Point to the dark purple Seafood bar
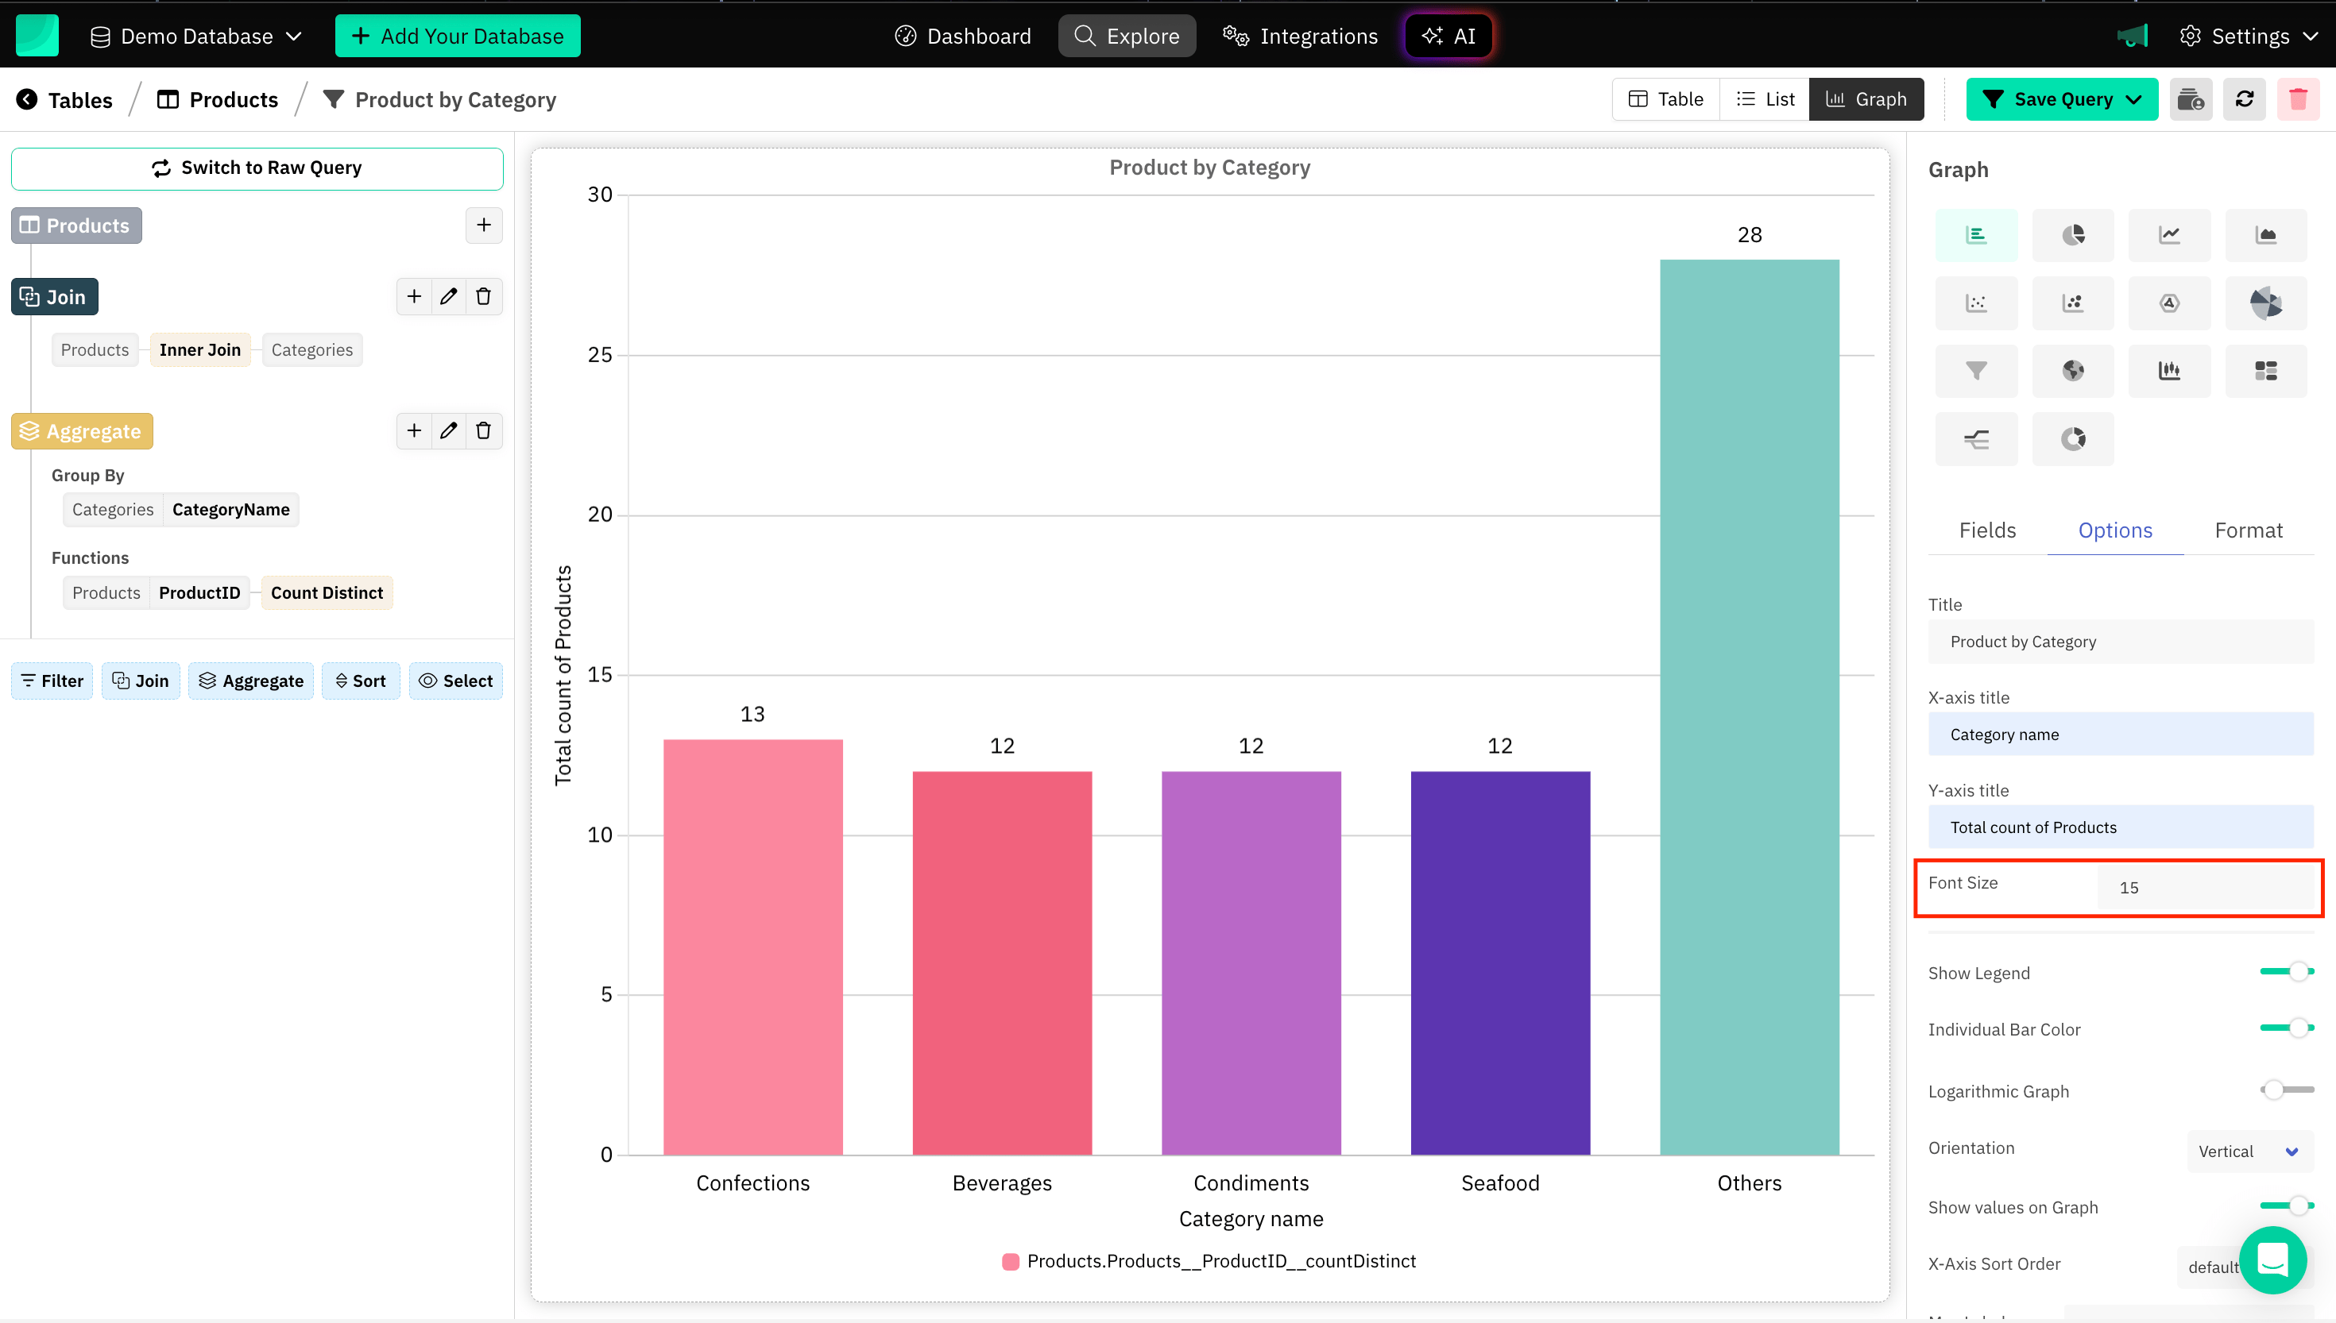1500,963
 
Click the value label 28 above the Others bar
1749,235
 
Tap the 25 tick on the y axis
600,355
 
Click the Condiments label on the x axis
1251,1183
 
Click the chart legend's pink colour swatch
1010,1261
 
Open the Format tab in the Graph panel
2248,530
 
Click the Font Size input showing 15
2205,888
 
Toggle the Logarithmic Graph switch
2286,1090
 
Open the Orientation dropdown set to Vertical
2248,1151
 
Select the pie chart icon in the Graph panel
2072,235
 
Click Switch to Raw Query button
257,168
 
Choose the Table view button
1666,99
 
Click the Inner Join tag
200,350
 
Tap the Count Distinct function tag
327,592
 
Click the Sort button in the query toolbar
361,681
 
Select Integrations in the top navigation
1300,37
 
